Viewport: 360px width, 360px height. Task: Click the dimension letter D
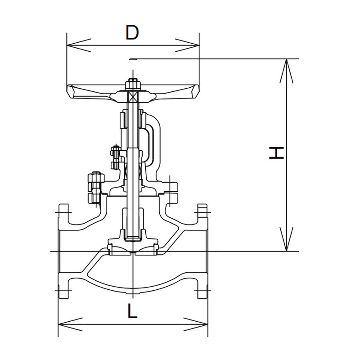tap(131, 33)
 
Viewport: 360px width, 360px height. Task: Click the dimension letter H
tap(276, 153)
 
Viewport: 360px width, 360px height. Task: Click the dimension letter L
tap(131, 311)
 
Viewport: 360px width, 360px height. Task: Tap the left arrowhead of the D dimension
tap(72, 45)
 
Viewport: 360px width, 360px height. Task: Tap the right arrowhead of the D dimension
tap(193, 45)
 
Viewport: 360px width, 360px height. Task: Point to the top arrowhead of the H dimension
tap(286, 65)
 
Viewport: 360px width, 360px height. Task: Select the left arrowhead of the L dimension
tap(65, 323)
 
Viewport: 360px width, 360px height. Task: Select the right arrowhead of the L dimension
tap(202, 323)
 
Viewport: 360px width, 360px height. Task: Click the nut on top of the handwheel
tap(132, 84)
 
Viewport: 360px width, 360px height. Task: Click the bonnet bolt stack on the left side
tap(95, 186)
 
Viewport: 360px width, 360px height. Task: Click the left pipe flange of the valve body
tap(63, 252)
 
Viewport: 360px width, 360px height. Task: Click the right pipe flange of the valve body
tap(202, 252)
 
